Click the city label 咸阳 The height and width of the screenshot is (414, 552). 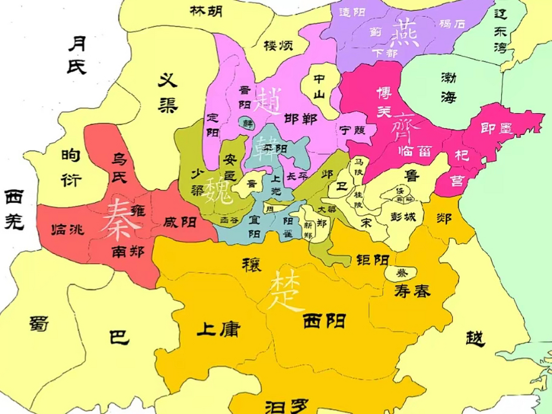click(180, 222)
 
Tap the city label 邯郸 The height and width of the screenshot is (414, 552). click(300, 119)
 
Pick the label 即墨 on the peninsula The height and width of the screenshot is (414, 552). click(496, 128)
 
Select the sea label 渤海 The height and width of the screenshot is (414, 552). click(449, 87)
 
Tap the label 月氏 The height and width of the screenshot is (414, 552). click(77, 55)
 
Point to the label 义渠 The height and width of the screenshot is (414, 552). click(168, 93)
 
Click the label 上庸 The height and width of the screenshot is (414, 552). click(219, 329)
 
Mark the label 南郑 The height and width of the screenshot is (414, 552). click(128, 252)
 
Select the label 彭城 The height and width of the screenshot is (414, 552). click(403, 216)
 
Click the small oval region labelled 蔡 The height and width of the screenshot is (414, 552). click(401, 273)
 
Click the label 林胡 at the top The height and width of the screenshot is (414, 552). click(206, 11)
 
